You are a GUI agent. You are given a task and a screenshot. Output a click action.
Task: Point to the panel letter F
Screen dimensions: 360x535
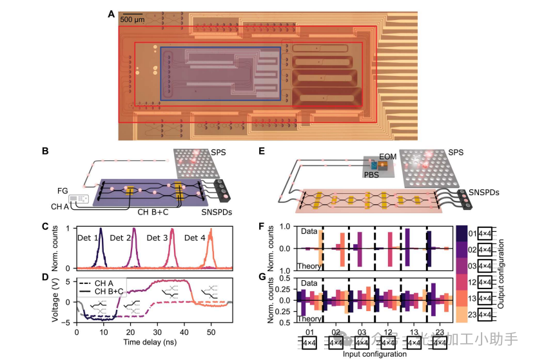pyautogui.click(x=262, y=228)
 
